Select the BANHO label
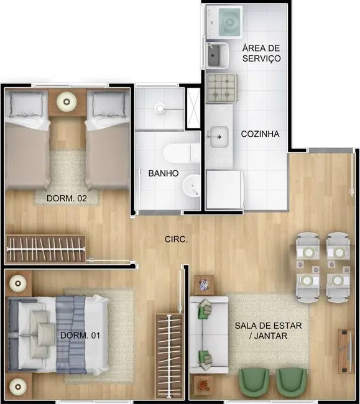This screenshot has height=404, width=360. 163,173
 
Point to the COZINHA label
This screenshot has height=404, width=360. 261,134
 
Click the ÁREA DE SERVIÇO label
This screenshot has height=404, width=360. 261,53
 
